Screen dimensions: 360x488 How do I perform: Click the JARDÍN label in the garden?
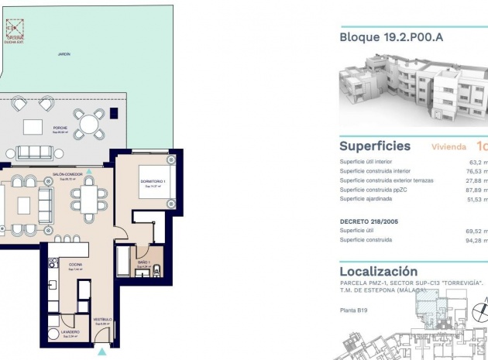point(64,54)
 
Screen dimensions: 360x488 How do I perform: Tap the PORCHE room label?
point(60,129)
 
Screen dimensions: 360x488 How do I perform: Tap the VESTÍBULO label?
point(104,319)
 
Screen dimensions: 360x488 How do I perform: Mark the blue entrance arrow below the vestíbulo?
point(103,352)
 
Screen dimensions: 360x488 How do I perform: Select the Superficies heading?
point(375,146)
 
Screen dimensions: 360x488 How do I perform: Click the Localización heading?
point(378,272)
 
